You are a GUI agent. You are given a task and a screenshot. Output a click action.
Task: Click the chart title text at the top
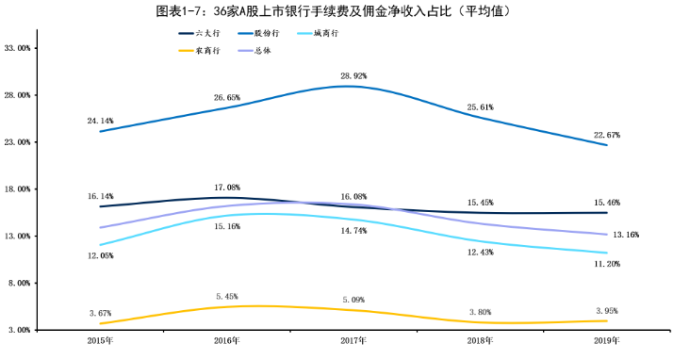pos(336,10)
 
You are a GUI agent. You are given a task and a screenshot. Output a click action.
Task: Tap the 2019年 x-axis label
pos(608,340)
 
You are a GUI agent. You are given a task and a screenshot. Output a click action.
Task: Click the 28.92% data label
pos(354,74)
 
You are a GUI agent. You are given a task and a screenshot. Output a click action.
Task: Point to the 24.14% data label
pos(100,121)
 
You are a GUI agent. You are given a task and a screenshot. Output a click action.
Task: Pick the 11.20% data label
pos(608,265)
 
